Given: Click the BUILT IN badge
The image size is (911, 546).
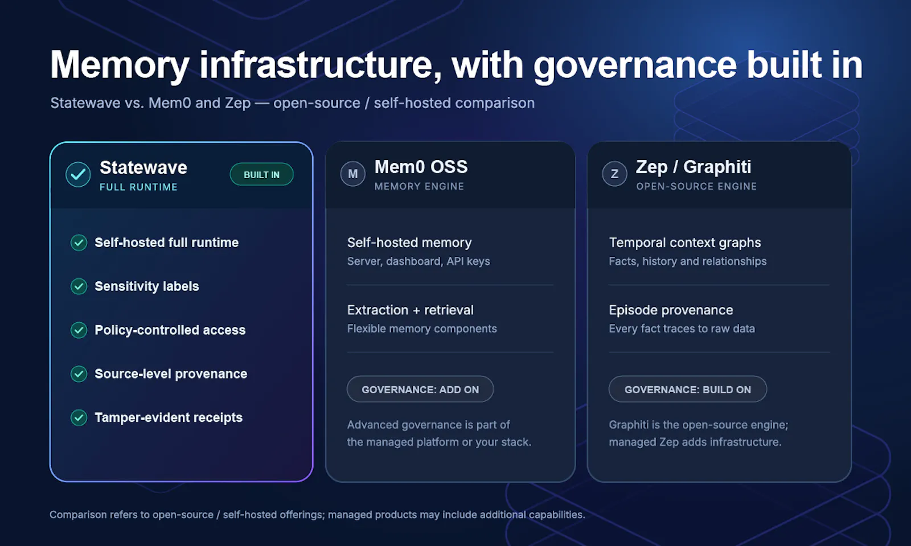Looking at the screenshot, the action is [261, 174].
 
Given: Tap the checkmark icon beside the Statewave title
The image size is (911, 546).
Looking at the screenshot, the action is [78, 174].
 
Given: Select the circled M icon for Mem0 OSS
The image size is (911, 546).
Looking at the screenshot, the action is [352, 174].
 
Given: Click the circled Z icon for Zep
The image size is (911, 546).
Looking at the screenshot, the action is [614, 174].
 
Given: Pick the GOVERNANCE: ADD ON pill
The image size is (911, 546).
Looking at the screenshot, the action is [420, 389].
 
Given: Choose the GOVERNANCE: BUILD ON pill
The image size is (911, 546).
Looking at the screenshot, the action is [688, 389].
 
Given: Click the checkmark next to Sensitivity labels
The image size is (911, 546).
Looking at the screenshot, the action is [79, 286].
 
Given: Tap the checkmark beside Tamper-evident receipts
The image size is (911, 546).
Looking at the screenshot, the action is [79, 417].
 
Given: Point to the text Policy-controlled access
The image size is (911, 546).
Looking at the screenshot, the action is [170, 330].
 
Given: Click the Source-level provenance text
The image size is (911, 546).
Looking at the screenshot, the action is [171, 373].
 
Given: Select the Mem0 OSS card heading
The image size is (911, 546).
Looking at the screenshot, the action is [421, 167].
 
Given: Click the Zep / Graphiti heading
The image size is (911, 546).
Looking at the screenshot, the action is [693, 167].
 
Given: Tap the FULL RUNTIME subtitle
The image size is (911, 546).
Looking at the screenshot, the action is [139, 187].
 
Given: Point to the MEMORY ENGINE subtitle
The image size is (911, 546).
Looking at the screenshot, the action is [419, 186].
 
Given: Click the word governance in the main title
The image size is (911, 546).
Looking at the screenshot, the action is [635, 65].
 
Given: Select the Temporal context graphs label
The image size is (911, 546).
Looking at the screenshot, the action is [685, 243].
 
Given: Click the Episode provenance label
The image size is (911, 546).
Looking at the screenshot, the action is [671, 310].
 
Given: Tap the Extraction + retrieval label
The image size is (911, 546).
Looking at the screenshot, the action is [411, 310].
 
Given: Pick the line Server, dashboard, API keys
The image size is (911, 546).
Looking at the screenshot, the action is [418, 261].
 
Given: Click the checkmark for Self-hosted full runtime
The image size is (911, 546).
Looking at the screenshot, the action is [79, 243].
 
